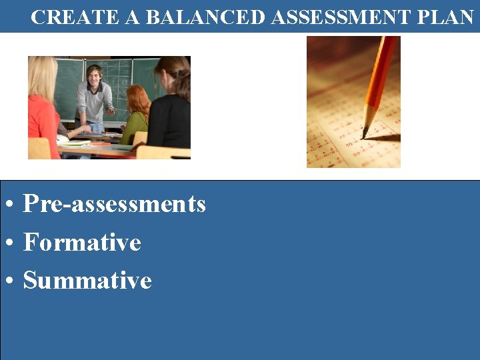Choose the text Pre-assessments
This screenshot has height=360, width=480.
(x=114, y=204)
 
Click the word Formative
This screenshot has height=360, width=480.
(x=82, y=242)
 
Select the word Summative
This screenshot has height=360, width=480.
(x=87, y=281)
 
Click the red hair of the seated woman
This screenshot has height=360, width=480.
(x=138, y=99)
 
